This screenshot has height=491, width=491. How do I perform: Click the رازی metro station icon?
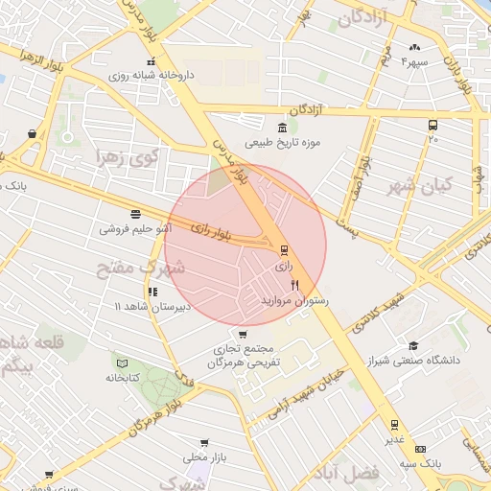coord(283,250)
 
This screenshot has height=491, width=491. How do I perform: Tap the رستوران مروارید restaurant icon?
coord(295,285)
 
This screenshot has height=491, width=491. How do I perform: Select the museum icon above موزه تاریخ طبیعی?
coord(281,129)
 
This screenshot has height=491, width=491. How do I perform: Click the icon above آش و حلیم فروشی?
coord(134,215)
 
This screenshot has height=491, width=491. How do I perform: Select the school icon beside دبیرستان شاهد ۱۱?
coord(152,292)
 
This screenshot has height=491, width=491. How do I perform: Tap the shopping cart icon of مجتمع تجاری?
coord(242,335)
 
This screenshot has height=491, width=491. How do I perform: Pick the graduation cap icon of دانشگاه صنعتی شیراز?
coord(413,346)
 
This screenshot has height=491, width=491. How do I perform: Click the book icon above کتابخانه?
coord(121,362)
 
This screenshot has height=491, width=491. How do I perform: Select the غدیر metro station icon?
coord(394,424)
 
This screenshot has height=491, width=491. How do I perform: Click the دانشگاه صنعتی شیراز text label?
coord(424,361)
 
